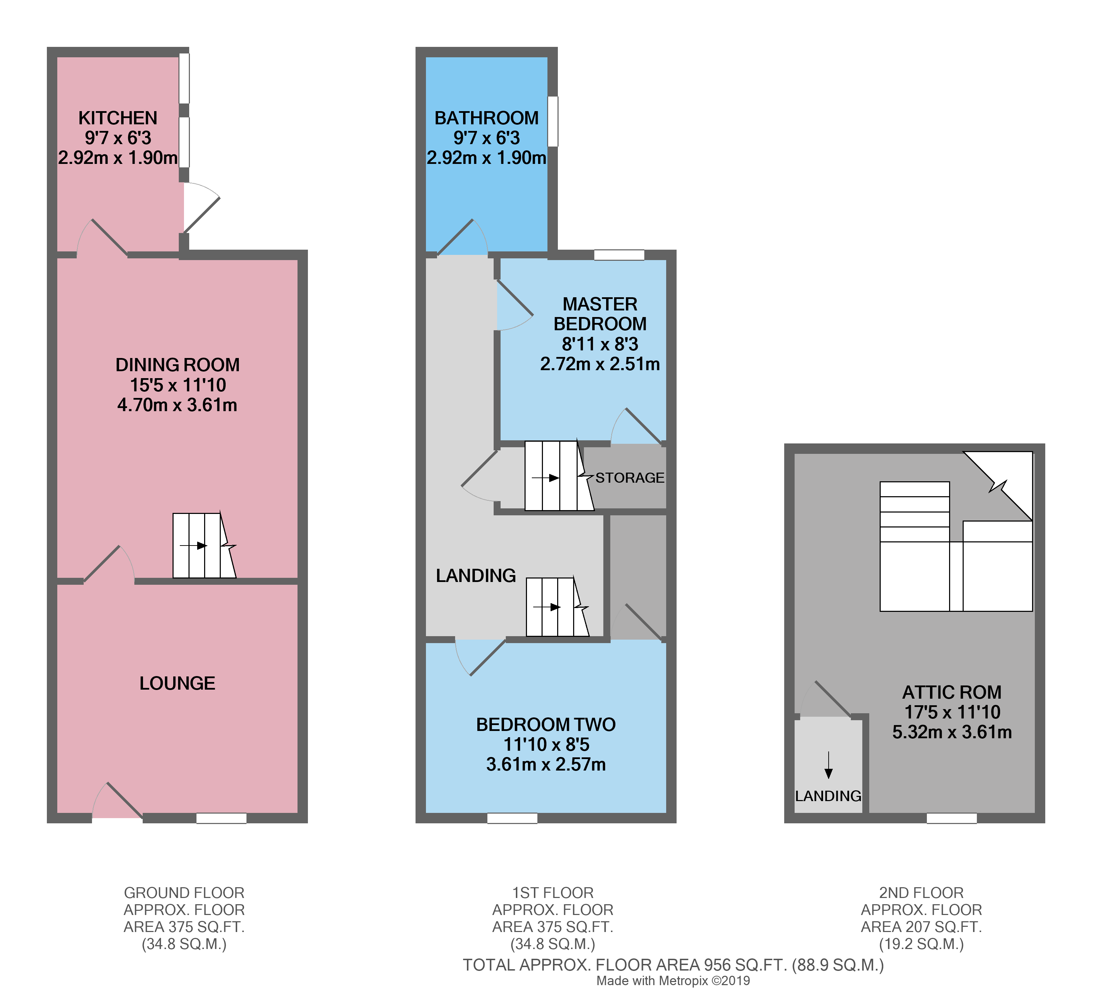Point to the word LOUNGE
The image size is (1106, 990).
pos(177,683)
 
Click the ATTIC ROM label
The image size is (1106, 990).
pos(952,692)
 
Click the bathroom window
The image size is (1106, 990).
pos(552,121)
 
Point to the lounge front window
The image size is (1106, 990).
pos(221,818)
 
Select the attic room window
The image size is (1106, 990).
pos(952,818)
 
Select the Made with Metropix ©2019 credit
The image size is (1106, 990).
pos(673,981)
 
